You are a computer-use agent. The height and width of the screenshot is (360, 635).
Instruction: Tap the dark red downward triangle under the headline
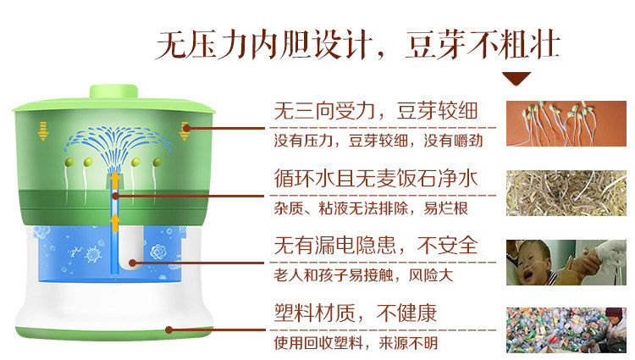click(x=516, y=79)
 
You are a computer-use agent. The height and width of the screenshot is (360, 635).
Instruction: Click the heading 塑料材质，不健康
click(x=356, y=314)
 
